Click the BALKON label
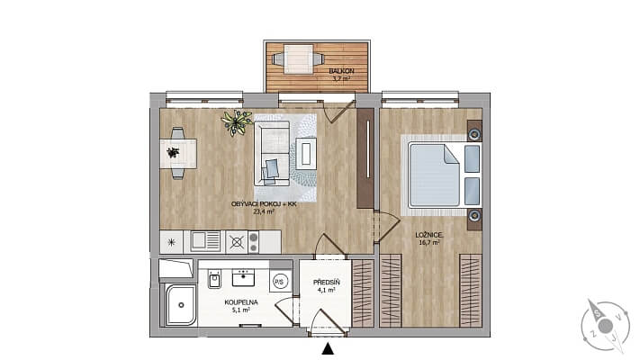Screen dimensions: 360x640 click(340, 70)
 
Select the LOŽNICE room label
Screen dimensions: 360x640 click(428, 234)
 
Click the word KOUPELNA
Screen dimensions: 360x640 click(241, 302)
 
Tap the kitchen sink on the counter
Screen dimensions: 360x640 click(204, 241)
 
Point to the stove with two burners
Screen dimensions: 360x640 click(256, 241)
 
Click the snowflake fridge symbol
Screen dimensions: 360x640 click(171, 241)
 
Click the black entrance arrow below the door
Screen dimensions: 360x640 click(328, 348)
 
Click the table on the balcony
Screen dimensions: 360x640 click(292, 59)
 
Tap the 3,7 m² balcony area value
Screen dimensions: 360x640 click(340, 80)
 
